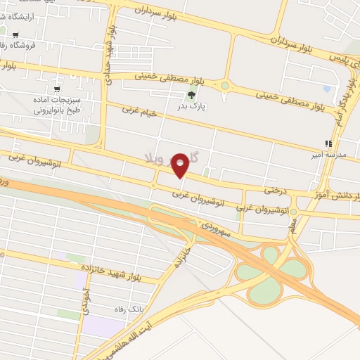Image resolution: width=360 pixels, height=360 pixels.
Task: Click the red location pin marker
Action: (x=181, y=166)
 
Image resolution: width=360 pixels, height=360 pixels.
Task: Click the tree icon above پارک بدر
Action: (x=191, y=96)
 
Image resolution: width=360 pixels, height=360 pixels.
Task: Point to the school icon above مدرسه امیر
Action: (x=327, y=143)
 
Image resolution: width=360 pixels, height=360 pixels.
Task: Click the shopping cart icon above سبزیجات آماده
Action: (x=57, y=89)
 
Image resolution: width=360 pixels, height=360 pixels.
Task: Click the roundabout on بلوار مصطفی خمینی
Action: (x=225, y=86)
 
